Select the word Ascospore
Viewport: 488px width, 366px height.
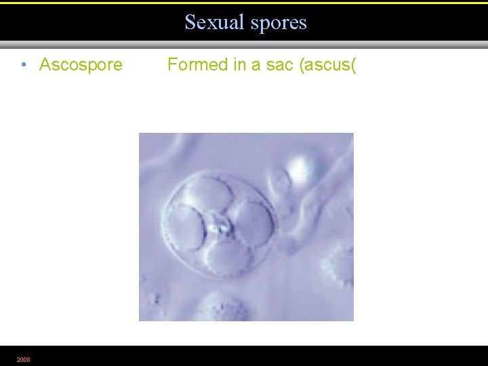(81, 65)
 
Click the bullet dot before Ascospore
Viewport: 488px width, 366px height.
(24, 66)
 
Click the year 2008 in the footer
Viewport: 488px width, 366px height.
(23, 359)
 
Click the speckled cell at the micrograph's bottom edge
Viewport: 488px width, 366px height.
(224, 308)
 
